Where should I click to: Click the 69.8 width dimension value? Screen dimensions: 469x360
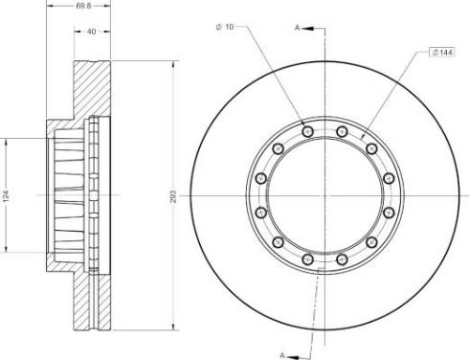point(83,6)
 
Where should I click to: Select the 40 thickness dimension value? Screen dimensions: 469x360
point(92,32)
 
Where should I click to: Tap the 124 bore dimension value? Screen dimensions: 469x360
point(6,196)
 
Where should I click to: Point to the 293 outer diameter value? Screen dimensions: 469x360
point(173,197)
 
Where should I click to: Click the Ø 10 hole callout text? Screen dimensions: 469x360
point(225,27)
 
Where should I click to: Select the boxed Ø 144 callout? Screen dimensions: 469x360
point(442,52)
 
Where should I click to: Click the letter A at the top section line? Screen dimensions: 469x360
point(297,28)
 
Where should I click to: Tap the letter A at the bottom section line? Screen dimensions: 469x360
point(282,355)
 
